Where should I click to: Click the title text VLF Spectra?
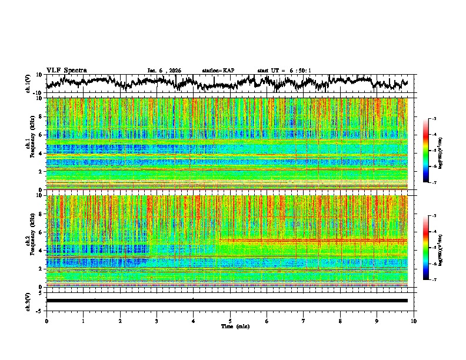coord(66,70)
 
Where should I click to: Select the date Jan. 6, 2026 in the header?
coord(164,71)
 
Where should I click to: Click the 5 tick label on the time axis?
coord(230,321)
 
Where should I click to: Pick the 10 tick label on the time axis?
coord(414,321)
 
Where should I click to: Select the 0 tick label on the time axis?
coord(46,321)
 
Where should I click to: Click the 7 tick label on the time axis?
coord(304,321)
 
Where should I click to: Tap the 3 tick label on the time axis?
coord(157,321)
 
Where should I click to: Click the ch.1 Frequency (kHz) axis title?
coord(31,144)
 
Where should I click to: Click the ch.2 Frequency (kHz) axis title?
coord(31,241)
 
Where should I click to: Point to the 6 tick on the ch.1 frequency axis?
coord(41,135)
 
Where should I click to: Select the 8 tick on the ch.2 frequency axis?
coord(41,214)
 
